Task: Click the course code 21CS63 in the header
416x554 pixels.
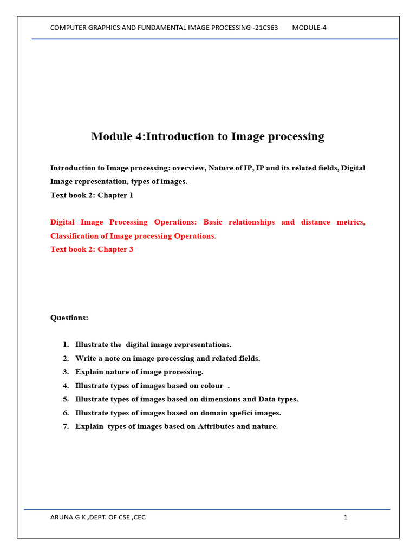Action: coord(265,28)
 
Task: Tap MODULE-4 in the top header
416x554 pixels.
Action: coord(309,28)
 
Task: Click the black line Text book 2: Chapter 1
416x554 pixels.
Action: coord(92,195)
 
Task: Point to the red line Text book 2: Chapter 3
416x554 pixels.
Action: coord(92,249)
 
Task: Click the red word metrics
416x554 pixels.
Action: coord(350,222)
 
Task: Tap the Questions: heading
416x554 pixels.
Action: coord(69,318)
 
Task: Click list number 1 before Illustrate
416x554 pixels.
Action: coord(66,345)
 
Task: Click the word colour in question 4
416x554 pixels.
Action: coord(211,386)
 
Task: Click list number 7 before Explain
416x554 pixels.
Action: coord(66,426)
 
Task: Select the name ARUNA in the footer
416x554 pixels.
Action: coord(62,517)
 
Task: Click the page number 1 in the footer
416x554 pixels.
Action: coord(345,517)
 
